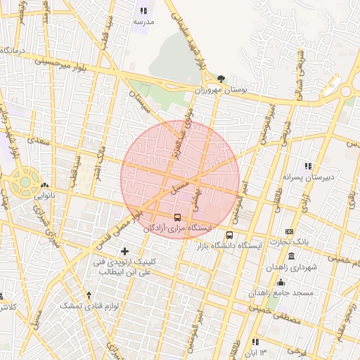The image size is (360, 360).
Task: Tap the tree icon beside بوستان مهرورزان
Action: [x=222, y=79]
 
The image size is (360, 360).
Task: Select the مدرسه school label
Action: [x=143, y=22]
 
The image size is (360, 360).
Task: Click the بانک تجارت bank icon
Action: [x=289, y=231]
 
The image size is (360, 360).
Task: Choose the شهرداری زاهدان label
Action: [x=292, y=268]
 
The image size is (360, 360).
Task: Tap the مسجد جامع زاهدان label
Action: [x=290, y=292]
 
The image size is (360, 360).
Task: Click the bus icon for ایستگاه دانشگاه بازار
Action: [x=230, y=235]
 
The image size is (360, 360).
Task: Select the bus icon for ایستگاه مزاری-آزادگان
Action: [x=176, y=217]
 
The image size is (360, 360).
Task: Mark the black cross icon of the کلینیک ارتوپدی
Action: [x=125, y=251]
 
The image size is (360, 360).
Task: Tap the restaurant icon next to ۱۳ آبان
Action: [x=255, y=342]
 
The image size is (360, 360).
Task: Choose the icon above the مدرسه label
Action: [x=144, y=11]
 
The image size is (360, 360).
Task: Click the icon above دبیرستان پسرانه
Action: [x=307, y=166]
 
